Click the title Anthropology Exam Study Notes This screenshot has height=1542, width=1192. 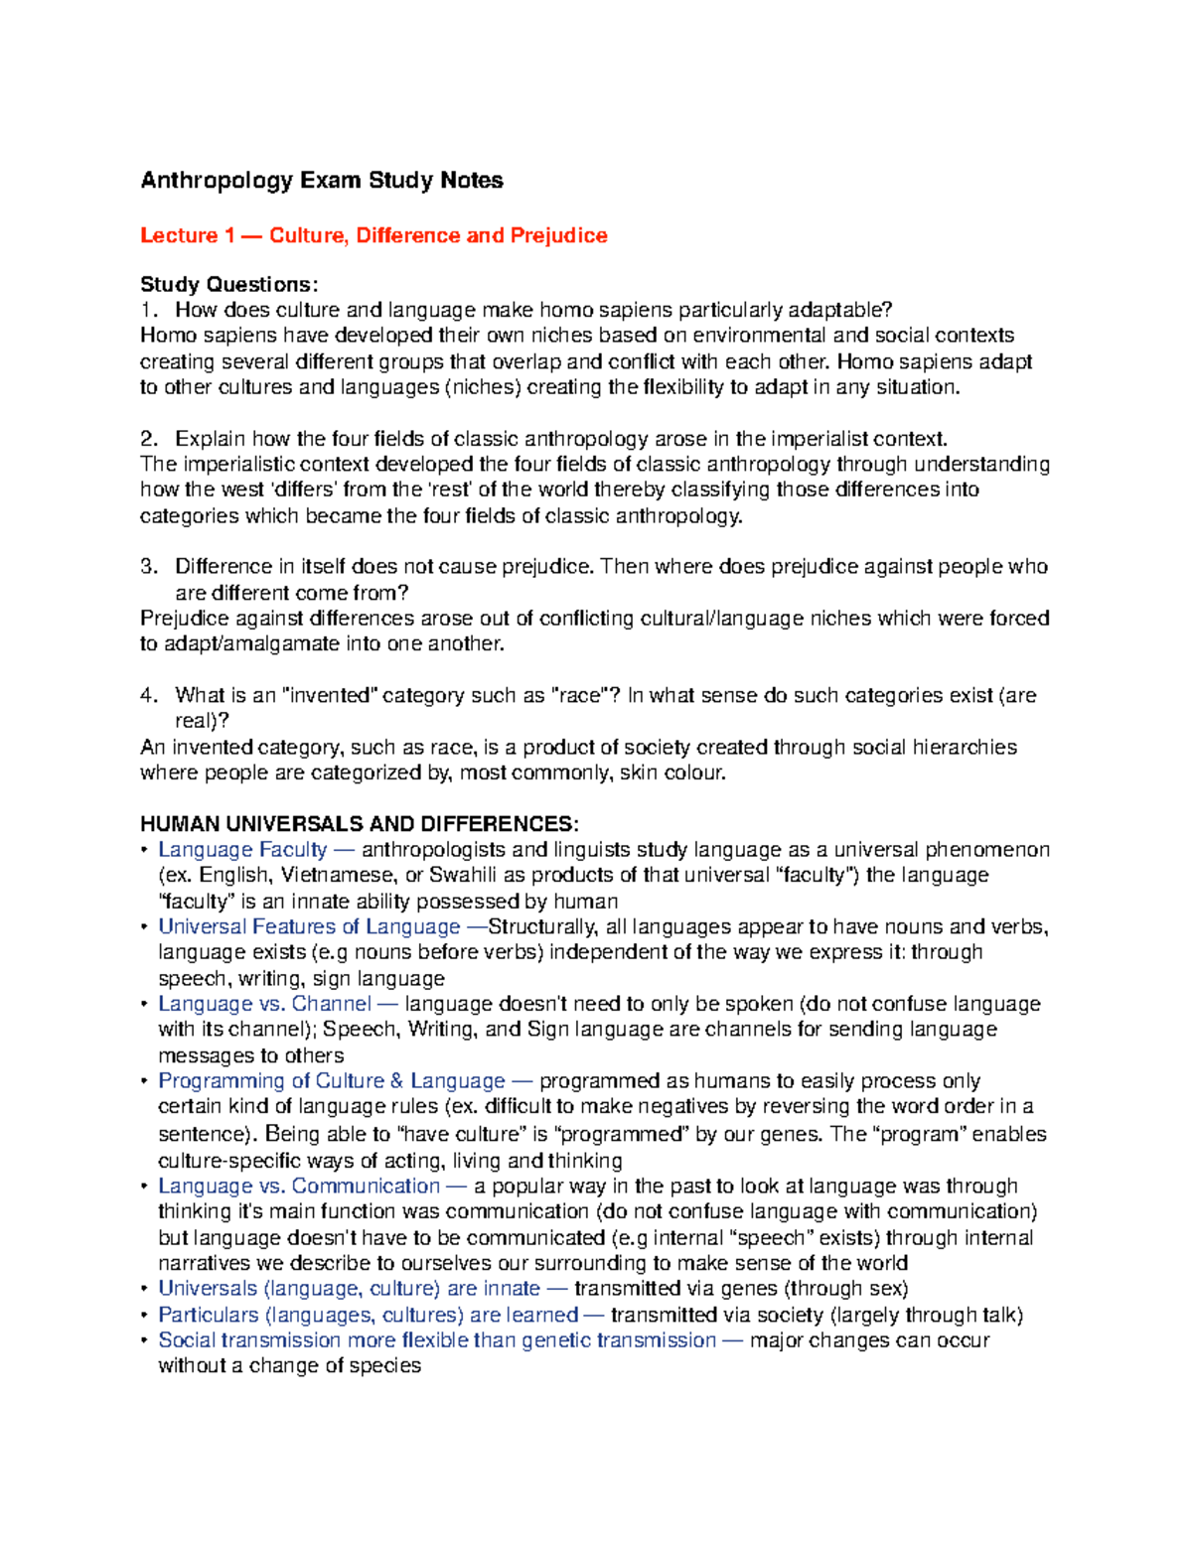pos(321,181)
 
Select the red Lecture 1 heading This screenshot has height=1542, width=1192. pos(373,235)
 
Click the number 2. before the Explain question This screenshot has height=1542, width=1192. pos(149,439)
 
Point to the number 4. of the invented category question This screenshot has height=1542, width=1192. pos(149,695)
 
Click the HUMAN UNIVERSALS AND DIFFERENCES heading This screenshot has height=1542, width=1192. pos(359,824)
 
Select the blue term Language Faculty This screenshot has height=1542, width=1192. pos(242,850)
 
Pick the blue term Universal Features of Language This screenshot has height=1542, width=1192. pos(309,926)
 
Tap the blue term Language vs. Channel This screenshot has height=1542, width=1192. pos(264,1004)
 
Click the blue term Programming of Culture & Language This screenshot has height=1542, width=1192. pos(331,1081)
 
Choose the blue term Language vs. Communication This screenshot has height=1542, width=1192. pos(298,1186)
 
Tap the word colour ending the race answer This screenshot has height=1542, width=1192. pos(695,772)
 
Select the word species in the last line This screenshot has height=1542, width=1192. pos(388,1366)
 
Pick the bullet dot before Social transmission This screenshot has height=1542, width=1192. pos(145,1340)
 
